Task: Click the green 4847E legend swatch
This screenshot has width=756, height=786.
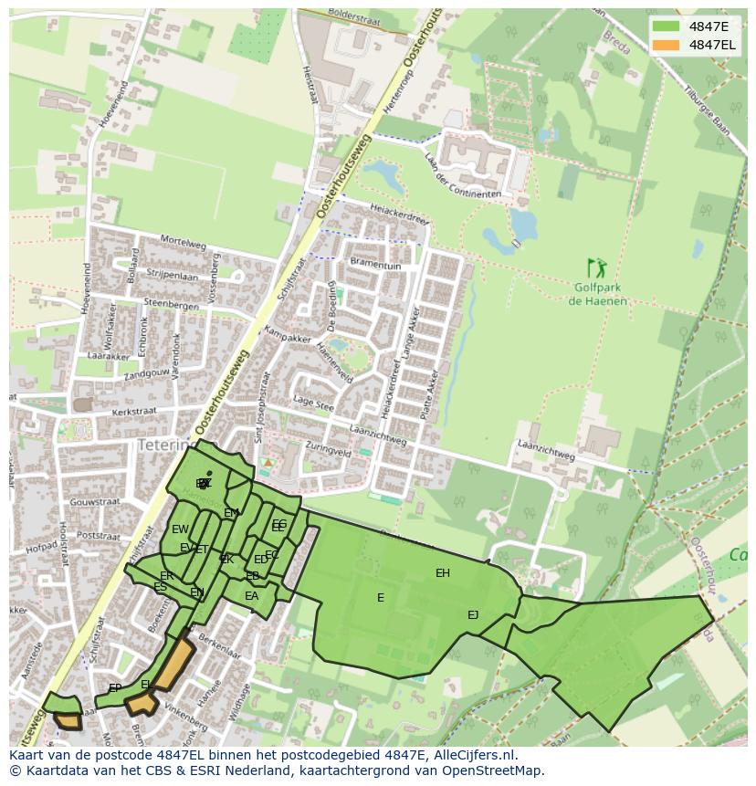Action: click(667, 26)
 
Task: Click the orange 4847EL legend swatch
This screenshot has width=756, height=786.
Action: click(667, 45)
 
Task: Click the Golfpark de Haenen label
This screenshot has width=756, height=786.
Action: click(599, 295)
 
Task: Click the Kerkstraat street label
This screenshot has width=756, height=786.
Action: click(133, 412)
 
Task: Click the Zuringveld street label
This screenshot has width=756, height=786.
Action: click(329, 452)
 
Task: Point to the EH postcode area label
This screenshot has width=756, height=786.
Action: click(443, 573)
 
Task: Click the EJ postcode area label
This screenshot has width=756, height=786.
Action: click(473, 615)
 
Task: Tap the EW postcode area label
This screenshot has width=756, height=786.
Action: click(180, 529)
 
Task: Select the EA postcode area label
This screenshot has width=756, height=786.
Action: click(251, 596)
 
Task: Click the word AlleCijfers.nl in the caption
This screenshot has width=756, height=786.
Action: click(474, 755)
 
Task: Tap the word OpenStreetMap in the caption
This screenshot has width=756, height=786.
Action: click(492, 770)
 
